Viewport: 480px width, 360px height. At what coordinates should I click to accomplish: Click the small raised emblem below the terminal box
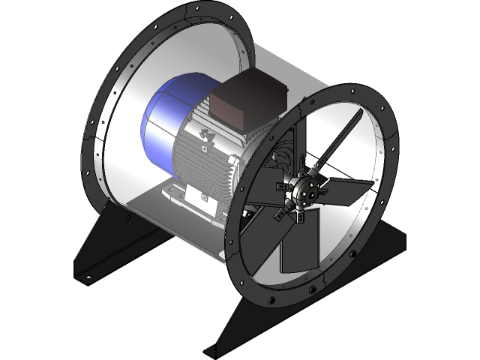pyautogui.click(x=204, y=134)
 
